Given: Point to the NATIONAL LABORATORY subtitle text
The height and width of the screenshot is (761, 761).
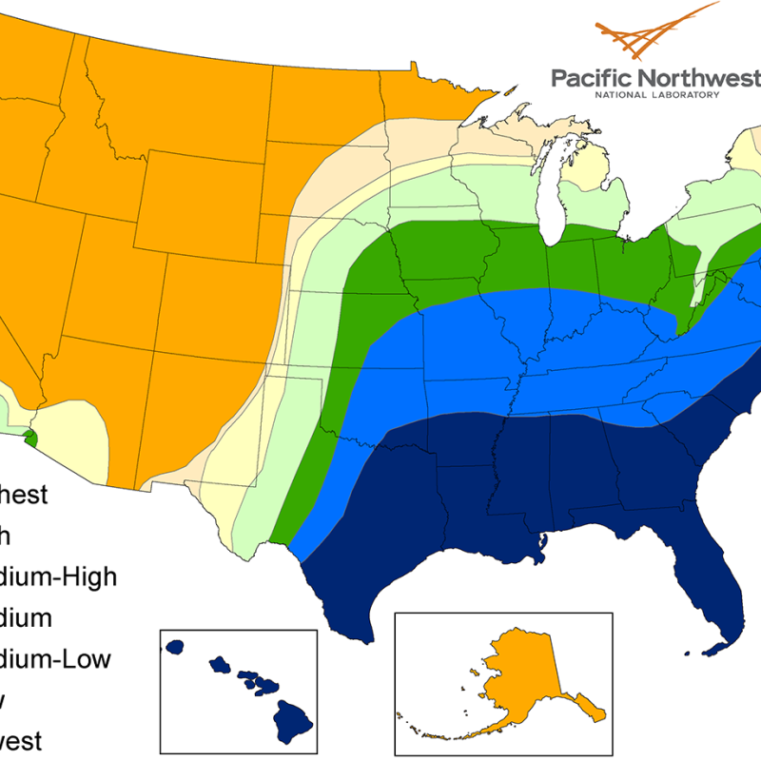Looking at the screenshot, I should (x=656, y=96).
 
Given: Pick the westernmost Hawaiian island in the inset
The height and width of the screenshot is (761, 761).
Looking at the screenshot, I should (x=174, y=646).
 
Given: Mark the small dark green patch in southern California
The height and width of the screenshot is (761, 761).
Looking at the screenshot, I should (x=29, y=438).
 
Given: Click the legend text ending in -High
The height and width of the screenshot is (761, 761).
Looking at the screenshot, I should (x=57, y=576).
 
